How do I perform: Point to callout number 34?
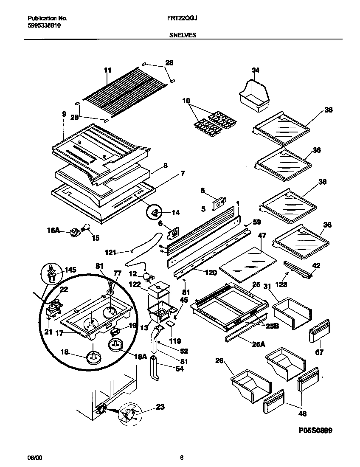255,70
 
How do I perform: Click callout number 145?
70,270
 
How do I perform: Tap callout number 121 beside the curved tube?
111,253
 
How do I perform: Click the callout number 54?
168,369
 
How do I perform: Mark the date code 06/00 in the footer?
33,458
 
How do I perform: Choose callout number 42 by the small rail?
316,265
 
